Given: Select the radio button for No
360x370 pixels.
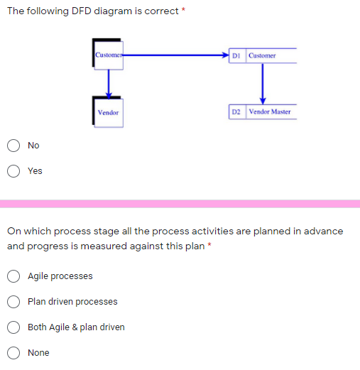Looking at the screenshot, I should [13, 146].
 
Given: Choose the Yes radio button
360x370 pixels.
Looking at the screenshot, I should [13, 170].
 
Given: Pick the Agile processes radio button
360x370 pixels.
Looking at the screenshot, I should [13, 276].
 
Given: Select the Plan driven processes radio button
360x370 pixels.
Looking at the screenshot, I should [13, 302].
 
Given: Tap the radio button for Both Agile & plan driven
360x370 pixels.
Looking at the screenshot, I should [13, 327].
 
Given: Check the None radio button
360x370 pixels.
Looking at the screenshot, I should [13, 353].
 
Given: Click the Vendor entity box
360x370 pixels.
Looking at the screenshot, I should [109, 113].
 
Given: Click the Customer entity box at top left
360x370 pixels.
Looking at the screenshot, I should [108, 55].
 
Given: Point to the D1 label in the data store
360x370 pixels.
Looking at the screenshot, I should [236, 55].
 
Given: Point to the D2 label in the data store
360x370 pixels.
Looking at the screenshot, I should [236, 112].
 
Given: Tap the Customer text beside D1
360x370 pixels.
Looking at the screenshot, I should [263, 55].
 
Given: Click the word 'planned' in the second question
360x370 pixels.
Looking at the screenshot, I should [249, 232].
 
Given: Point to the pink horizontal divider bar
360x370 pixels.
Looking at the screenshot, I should [180, 204].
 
